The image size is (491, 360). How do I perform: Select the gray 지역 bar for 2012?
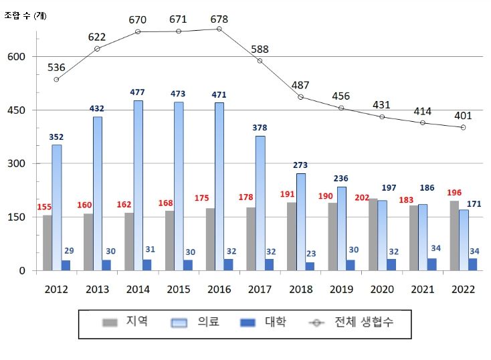click(x=47, y=242)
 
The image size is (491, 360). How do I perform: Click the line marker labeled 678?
click(x=219, y=29)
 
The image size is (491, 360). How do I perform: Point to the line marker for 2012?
click(x=57, y=80)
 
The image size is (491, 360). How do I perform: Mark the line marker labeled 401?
click(x=463, y=127)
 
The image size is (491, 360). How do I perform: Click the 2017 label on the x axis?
click(x=260, y=289)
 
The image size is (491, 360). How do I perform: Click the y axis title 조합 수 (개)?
click(x=25, y=15)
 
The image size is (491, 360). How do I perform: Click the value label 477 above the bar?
click(x=138, y=92)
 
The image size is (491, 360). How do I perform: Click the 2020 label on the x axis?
click(x=381, y=289)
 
